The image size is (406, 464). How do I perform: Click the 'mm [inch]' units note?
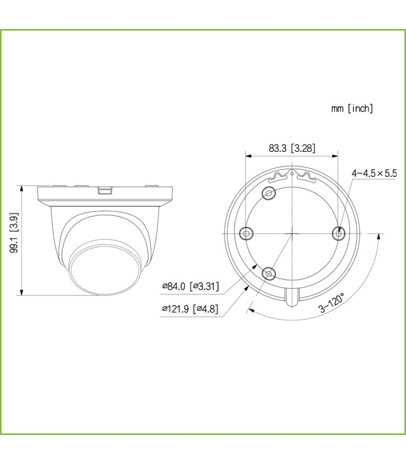coord(352,108)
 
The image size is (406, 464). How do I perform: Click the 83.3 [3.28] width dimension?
coord(292,148)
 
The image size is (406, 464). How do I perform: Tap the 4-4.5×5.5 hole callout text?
coord(374,173)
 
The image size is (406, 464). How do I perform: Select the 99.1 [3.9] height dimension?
coord(13,233)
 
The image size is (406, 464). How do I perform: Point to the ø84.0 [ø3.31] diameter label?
coord(191,286)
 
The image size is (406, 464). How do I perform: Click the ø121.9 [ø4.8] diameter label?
coord(190,309)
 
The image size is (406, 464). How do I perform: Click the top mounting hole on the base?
coord(269,194)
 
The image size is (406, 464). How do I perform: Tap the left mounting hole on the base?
coord(246,234)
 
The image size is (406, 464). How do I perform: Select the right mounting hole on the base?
coord(338,234)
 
